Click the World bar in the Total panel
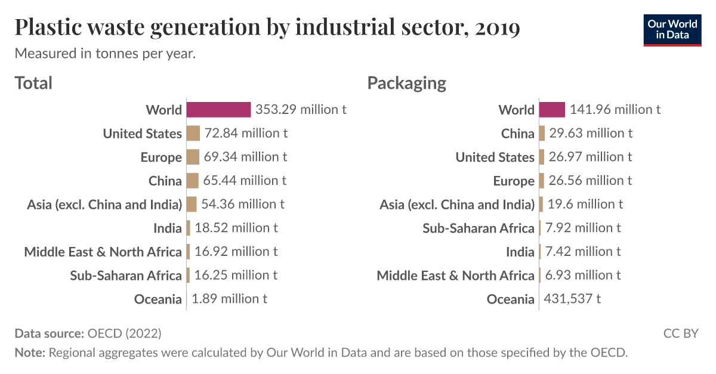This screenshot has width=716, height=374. pyautogui.click(x=218, y=109)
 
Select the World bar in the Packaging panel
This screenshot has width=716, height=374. pyautogui.click(x=551, y=109)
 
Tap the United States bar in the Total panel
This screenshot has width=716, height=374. pyautogui.click(x=193, y=133)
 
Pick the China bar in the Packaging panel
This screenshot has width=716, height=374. pyautogui.click(x=542, y=133)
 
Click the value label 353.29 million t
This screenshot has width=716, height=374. pyautogui.click(x=301, y=109)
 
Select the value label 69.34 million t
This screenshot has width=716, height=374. pyautogui.click(x=245, y=157)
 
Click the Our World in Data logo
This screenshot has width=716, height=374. pyautogui.click(x=672, y=29)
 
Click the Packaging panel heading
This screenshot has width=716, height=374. pyautogui.click(x=406, y=83)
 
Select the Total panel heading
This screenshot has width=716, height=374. pyautogui.click(x=33, y=83)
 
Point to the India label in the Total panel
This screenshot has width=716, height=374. pyautogui.click(x=167, y=228)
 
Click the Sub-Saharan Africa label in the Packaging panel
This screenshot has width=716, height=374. pyautogui.click(x=479, y=228)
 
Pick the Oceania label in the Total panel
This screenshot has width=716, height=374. pyautogui.click(x=158, y=299)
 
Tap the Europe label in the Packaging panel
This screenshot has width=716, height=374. pyautogui.click(x=514, y=181)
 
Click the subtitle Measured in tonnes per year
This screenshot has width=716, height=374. pyautogui.click(x=105, y=53)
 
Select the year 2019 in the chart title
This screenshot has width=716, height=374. pyautogui.click(x=498, y=27)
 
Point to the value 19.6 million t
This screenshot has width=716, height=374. pyautogui.click(x=585, y=204)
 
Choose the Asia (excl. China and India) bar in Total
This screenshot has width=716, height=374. pyautogui.click(x=191, y=204)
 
